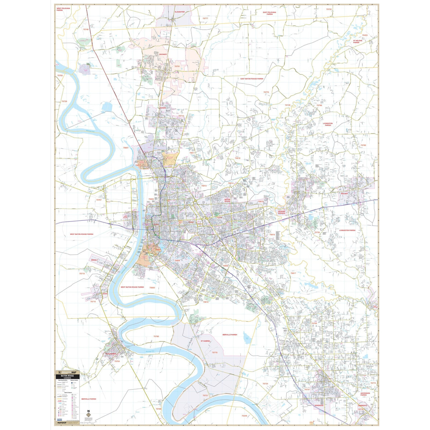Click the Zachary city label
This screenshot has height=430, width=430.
[x=163, y=54]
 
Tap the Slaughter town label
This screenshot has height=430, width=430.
[x=180, y=12]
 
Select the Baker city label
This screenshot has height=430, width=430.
[x=163, y=107]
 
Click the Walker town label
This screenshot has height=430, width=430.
[x=344, y=193]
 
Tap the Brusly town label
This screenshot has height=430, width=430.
[x=95, y=260]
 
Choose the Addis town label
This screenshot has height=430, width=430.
[x=105, y=293]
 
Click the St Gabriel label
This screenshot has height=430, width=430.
[x=206, y=341]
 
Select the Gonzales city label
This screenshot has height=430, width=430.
[x=319, y=405]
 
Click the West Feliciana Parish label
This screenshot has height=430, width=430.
[x=63, y=9]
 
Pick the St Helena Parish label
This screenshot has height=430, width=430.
[x=358, y=42]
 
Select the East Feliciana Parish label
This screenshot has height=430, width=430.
[x=269, y=13]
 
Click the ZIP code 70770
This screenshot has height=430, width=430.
[x=266, y=92]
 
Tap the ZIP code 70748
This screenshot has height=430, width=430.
[x=86, y=29]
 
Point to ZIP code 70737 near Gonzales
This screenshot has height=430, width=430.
[x=307, y=389]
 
